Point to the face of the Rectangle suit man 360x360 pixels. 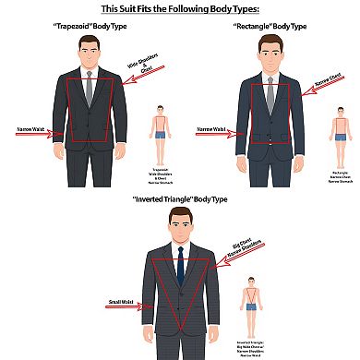tap(269, 56)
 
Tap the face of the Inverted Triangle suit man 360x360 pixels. tap(180, 226)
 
